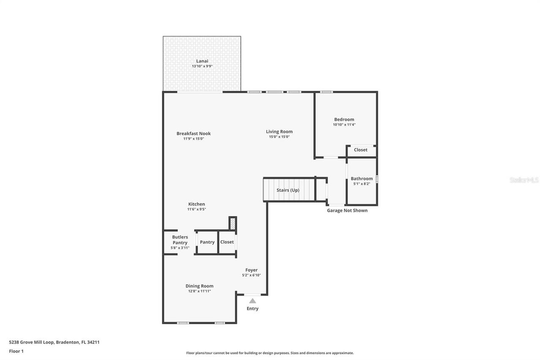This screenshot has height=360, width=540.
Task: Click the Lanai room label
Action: coord(202,61)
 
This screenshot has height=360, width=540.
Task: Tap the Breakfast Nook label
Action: coord(193,133)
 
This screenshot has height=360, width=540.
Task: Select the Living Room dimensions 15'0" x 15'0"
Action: coord(279,137)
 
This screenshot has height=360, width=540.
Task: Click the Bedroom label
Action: coord(344,119)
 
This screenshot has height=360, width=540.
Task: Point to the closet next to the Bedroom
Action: coord(361,150)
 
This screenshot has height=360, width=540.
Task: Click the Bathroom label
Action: coord(362,179)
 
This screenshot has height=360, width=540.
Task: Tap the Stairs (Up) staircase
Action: coord(289,190)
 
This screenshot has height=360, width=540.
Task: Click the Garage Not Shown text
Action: coord(347,210)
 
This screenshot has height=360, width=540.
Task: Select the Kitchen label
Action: coord(196,204)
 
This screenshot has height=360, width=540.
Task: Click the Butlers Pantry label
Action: coord(180,240)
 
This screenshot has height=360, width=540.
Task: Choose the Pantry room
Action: coord(207,242)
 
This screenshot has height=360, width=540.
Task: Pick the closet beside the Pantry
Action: coord(227,242)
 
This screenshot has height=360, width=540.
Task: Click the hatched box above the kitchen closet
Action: coord(232,223)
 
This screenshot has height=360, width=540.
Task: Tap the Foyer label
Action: coord(251,270)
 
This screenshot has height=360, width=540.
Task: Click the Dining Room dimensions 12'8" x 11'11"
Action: coord(199,291)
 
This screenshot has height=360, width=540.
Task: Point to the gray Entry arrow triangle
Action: coord(252,301)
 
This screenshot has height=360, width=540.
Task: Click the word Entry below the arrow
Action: coord(252,309)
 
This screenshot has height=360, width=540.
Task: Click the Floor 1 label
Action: coord(16,351)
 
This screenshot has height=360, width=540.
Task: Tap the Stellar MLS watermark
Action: coord(524,180)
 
